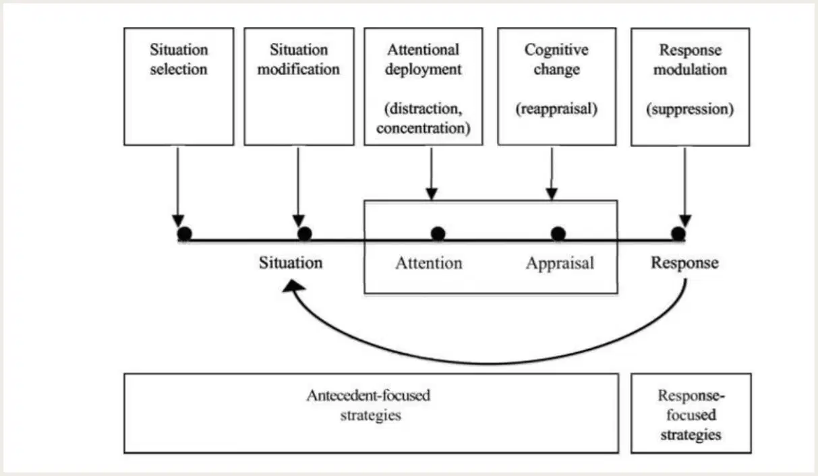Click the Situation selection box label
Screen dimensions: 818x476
(179, 59)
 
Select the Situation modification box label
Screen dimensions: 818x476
(299, 59)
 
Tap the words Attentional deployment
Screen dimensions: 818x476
(423, 59)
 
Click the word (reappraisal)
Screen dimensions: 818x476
(556, 109)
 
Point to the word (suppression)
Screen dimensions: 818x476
(690, 109)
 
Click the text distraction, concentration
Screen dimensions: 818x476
(423, 119)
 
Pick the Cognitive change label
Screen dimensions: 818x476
(556, 59)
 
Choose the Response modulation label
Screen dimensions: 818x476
(690, 60)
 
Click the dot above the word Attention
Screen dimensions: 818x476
(438, 234)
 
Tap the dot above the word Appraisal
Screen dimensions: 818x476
(558, 234)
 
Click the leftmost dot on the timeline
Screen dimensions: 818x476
(184, 234)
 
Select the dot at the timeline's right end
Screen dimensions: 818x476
(678, 234)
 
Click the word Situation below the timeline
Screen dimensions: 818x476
(291, 263)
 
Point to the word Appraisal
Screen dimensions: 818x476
(560, 264)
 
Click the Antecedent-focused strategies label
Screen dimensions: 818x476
(369, 405)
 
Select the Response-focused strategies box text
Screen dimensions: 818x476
(691, 415)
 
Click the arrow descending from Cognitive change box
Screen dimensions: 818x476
(552, 174)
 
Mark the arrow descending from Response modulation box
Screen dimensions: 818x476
(685, 187)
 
